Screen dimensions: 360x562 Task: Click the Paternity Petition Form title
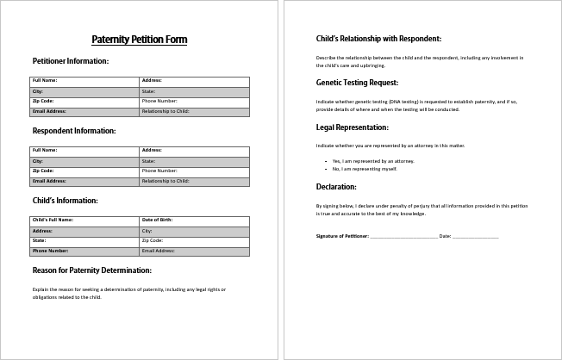click(139, 40)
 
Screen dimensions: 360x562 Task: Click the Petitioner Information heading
click(71, 61)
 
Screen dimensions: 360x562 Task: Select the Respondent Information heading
click(74, 131)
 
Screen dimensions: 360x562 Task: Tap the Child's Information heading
click(66, 201)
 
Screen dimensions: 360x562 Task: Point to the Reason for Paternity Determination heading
click(92, 270)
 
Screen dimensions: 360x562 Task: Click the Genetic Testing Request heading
click(357, 83)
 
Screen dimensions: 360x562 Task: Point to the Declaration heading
click(336, 187)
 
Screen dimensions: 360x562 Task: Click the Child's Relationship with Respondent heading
click(378, 39)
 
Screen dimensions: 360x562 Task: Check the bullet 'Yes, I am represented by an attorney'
click(373, 161)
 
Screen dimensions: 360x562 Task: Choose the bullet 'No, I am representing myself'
click(365, 169)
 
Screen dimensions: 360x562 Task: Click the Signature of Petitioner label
click(342, 236)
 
